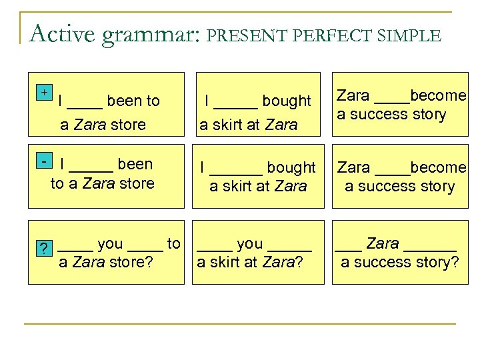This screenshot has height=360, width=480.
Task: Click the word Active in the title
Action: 63,33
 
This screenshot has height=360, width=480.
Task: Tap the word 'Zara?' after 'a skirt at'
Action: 282,263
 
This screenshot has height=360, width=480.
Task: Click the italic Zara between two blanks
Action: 382,244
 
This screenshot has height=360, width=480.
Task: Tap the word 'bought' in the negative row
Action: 289,167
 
